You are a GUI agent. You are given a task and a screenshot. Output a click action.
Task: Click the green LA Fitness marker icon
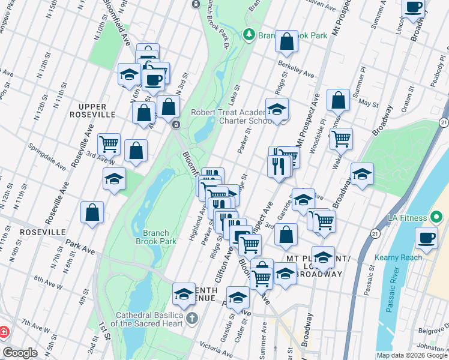click(x=436, y=217)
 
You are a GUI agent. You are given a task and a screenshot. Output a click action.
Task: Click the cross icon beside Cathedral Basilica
click(x=191, y=317)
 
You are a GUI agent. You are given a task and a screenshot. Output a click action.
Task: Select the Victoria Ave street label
click(x=216, y=347)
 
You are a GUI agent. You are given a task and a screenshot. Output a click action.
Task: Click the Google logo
click(x=20, y=352)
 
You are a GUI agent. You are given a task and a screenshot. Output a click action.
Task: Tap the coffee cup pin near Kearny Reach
click(x=427, y=238)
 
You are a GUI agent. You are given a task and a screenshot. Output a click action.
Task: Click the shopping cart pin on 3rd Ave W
click(x=109, y=143)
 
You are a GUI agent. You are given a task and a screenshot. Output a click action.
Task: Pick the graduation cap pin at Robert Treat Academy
click(x=277, y=109)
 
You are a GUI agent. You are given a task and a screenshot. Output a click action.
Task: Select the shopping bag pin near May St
click(x=339, y=100)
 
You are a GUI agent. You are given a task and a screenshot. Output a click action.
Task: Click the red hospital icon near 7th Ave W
click(x=4, y=331)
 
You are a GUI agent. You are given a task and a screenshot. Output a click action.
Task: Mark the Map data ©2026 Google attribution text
click(x=412, y=355)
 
